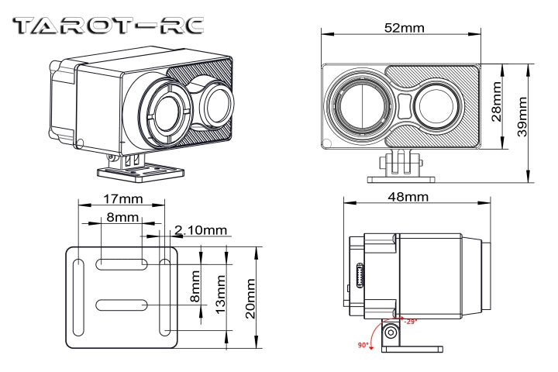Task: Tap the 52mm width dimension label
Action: coord(404,28)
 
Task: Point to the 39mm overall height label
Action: coord(522,115)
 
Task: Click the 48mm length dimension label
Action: coord(407,197)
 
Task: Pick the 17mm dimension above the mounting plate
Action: coord(122,199)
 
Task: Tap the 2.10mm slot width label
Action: coord(201,230)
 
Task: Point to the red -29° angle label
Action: coord(410,321)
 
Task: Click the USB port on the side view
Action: coord(360,276)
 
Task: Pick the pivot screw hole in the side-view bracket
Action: coord(391,332)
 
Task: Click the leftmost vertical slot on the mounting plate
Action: coord(79,298)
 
